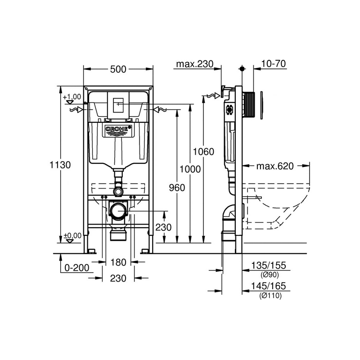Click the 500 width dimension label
[x=118, y=69]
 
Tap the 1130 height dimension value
[x=60, y=165]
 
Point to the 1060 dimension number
[x=203, y=152]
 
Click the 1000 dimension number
[x=190, y=169]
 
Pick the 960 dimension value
[x=177, y=188]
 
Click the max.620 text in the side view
[x=275, y=166]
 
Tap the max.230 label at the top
[x=195, y=64]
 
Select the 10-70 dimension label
[x=274, y=63]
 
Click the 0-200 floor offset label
[x=77, y=268]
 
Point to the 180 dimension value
[x=118, y=262]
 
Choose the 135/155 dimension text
[x=269, y=265]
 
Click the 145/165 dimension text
[x=269, y=286]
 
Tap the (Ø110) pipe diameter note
[x=270, y=296]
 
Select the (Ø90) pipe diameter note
[x=270, y=275]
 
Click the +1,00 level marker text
[x=72, y=97]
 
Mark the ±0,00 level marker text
[x=72, y=235]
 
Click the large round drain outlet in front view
[x=118, y=211]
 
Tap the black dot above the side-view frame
[x=242, y=69]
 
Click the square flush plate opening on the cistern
[x=118, y=104]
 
